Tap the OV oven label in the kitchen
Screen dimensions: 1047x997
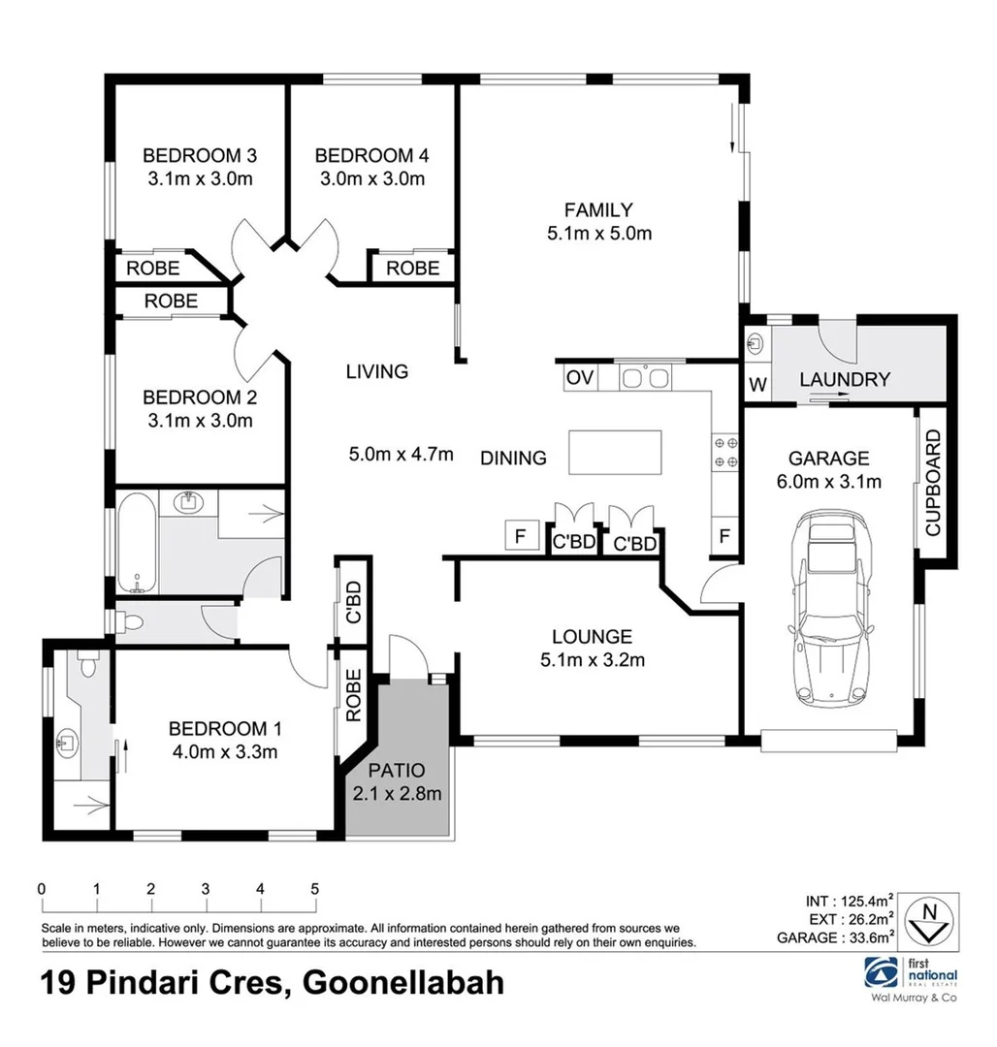[x=579, y=377]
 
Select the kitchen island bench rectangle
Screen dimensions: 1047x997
[x=615, y=453]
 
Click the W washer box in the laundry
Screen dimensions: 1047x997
[x=757, y=385]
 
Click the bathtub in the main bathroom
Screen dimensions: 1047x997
[x=137, y=543]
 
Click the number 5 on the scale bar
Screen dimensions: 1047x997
[x=314, y=888]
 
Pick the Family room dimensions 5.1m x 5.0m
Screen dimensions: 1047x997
[x=598, y=233]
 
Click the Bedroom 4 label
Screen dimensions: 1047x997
[x=371, y=155]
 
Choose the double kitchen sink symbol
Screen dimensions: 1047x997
[x=643, y=376]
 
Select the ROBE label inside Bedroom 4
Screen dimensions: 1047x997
[x=412, y=268]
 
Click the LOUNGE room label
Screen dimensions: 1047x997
[x=592, y=637]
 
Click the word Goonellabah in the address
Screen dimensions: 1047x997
[x=404, y=983]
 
